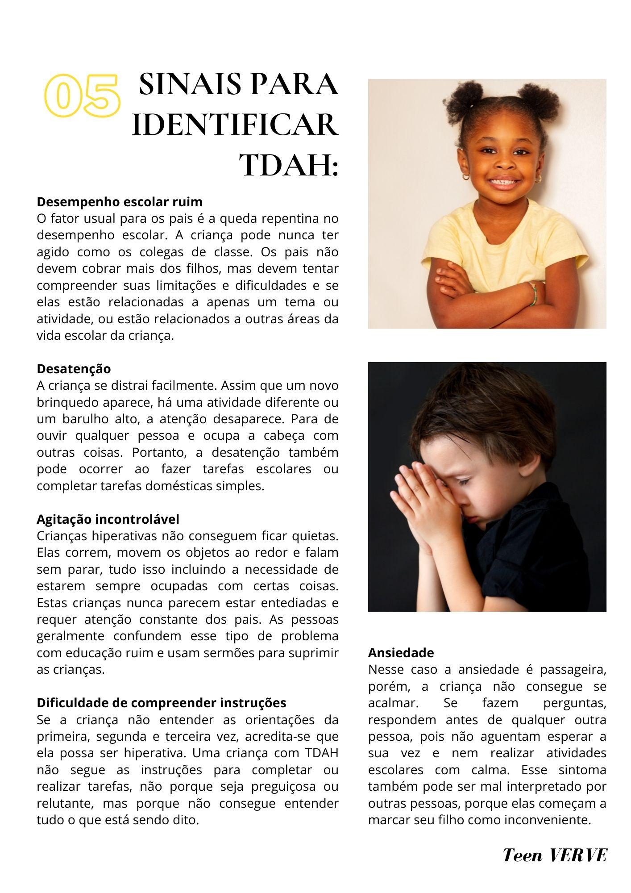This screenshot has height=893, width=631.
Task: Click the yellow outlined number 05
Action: [x=83, y=95]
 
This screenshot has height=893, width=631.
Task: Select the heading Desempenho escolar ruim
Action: [x=119, y=202]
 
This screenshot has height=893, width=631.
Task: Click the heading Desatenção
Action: [x=74, y=369]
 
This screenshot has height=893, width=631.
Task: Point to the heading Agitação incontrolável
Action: [x=108, y=519]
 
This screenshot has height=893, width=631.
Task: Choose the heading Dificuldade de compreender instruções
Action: [x=161, y=702]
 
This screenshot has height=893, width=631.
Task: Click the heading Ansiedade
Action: [x=401, y=653]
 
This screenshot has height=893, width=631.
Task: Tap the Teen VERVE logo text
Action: [x=555, y=855]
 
